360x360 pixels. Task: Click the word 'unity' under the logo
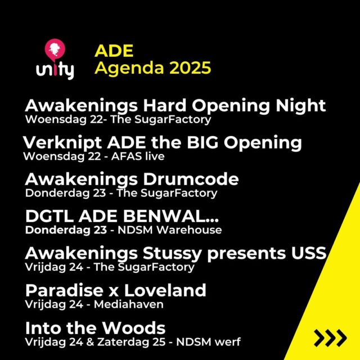pos(55,71)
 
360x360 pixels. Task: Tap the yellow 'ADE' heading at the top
pos(114,51)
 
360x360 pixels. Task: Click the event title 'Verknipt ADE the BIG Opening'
pos(163,142)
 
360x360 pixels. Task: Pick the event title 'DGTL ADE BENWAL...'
pos(122,217)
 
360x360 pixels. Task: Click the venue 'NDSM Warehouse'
pos(182,230)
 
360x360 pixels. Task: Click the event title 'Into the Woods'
pos(95,328)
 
